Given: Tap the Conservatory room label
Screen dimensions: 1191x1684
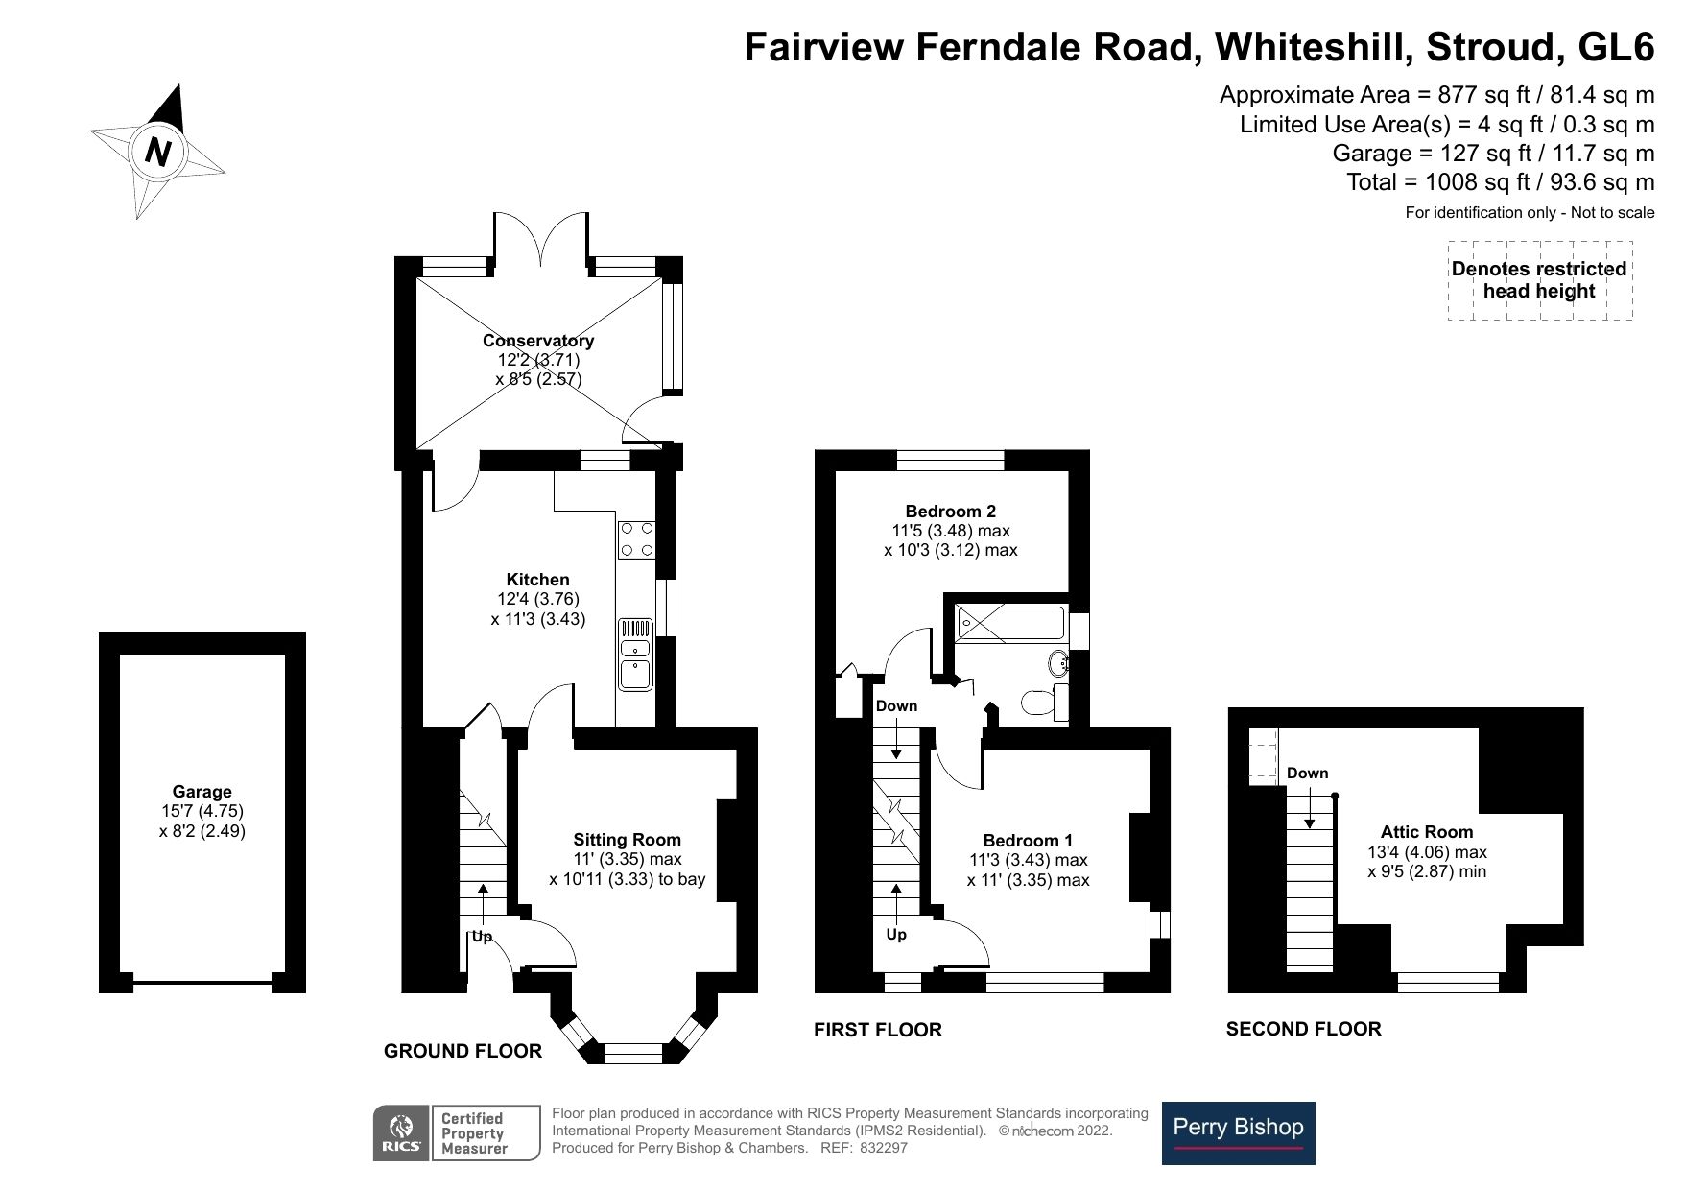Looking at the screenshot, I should coord(537,341).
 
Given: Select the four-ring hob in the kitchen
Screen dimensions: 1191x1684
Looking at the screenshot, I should coord(636,539).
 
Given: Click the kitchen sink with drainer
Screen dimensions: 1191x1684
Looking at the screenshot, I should coord(635,654).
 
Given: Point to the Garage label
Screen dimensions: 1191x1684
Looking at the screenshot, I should coord(202,792).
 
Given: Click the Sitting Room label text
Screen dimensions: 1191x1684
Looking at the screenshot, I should coord(627,840).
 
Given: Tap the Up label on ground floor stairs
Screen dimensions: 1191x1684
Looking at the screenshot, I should coord(481,936).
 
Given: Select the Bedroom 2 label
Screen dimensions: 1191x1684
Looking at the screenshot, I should coord(950,512).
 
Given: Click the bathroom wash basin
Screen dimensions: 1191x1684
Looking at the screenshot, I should coord(1060,662).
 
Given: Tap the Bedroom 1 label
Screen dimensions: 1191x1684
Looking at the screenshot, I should coord(1028,841).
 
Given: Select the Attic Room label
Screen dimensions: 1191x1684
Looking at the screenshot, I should coord(1426,832).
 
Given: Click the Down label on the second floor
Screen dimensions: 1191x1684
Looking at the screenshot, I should coord(1307,773).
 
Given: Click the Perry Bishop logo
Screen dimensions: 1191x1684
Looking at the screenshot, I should coord(1238,1132).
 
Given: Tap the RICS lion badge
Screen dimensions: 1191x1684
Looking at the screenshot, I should coord(400,1133).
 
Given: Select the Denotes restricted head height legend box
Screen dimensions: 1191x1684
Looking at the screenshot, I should coord(1538,280).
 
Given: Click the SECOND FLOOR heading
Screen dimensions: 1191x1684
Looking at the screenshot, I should coord(1303,1029).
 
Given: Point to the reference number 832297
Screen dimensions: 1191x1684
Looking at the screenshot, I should coord(883,1148).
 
